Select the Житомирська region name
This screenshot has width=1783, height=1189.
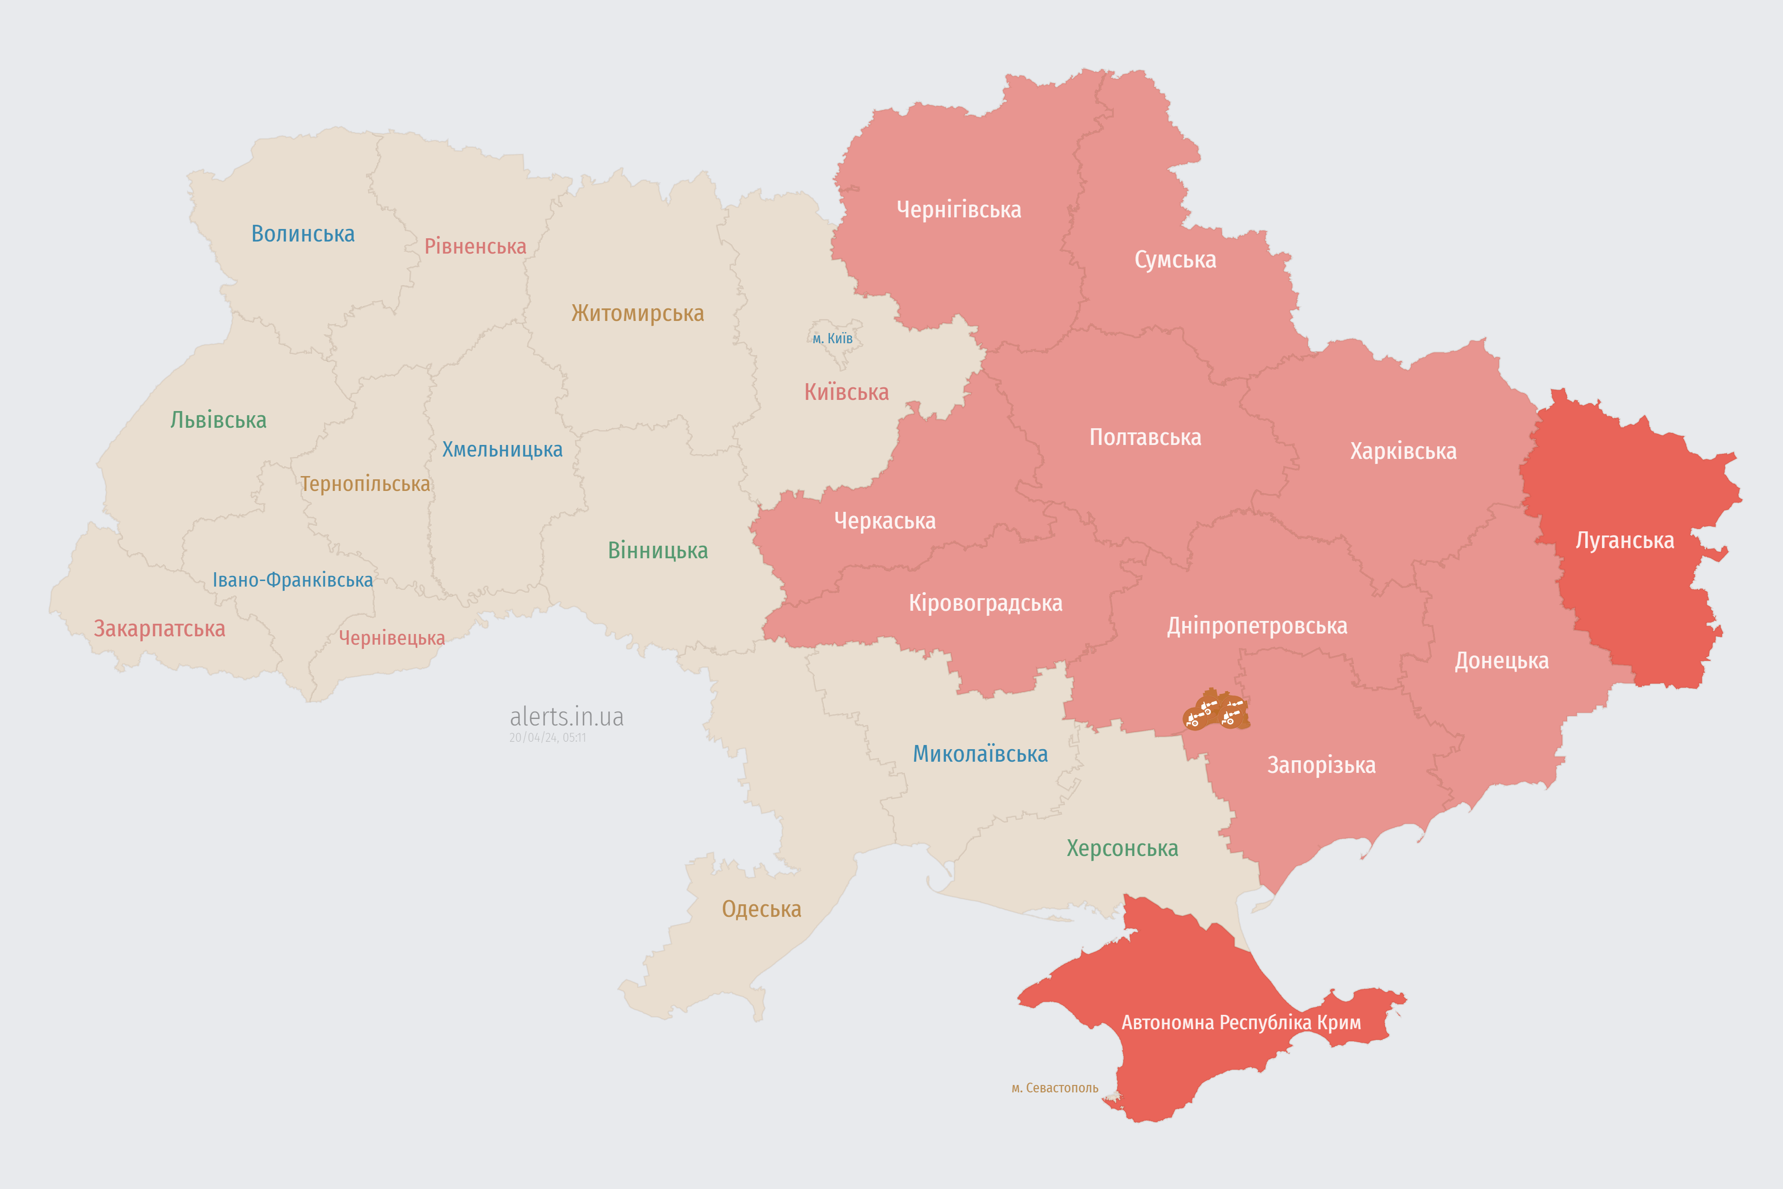click(638, 313)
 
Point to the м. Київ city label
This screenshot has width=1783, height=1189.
click(833, 338)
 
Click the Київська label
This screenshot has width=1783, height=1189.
click(846, 392)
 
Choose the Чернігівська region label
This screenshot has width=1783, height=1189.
click(958, 209)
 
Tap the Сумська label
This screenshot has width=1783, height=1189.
click(1175, 260)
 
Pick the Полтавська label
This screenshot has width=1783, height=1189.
click(1145, 438)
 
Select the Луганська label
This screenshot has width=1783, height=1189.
click(1625, 541)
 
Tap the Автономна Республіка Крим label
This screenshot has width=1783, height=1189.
click(1241, 1023)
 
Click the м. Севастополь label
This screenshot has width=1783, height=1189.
click(1054, 1088)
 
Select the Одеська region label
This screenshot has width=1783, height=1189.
click(761, 909)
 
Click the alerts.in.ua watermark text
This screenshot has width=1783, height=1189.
click(566, 717)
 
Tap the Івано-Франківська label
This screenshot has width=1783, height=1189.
click(293, 580)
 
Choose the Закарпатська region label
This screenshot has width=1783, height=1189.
click(159, 628)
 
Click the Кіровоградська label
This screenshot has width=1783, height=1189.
click(985, 604)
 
